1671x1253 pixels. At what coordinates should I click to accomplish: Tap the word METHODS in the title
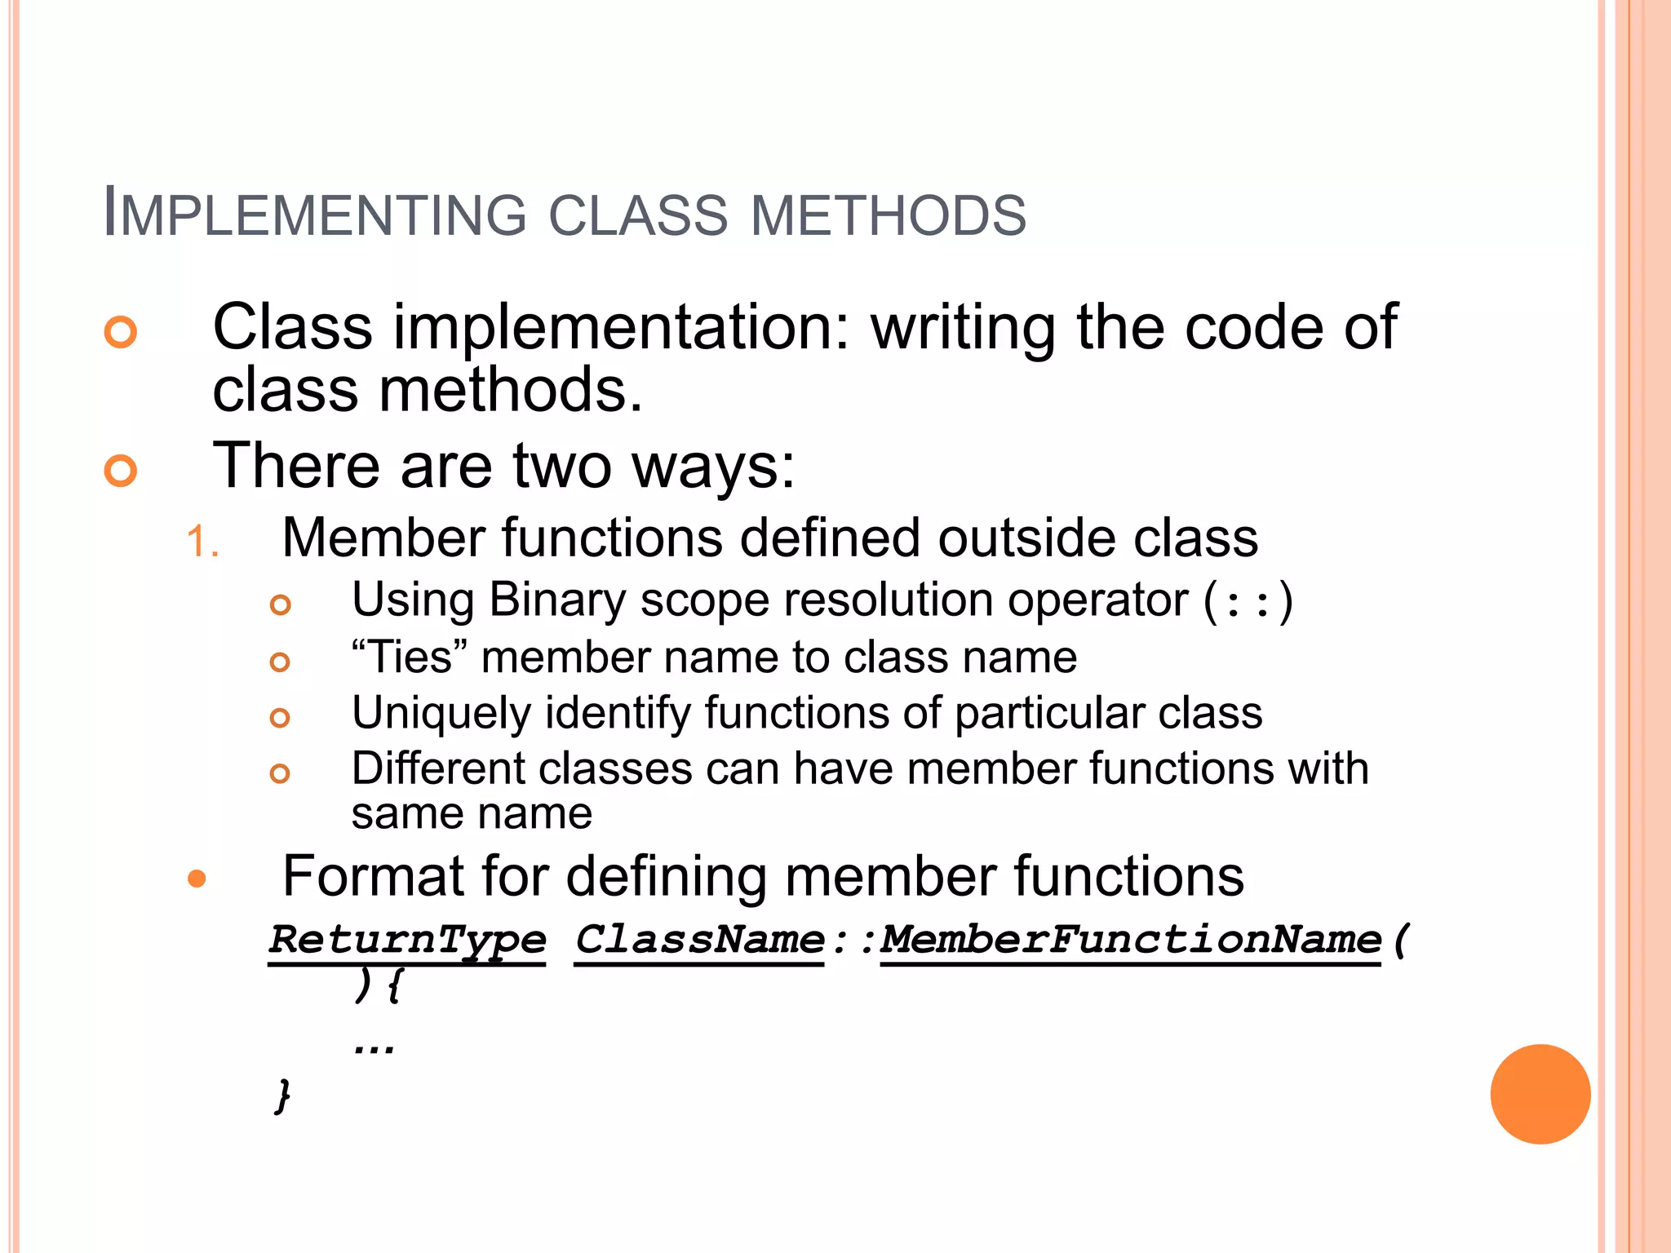888,215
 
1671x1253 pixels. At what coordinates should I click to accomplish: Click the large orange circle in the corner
1540,1094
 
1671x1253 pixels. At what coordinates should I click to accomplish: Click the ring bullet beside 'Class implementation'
121,331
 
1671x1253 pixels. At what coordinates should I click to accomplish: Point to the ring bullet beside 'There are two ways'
121,471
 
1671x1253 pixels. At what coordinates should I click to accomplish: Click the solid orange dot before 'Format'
197,879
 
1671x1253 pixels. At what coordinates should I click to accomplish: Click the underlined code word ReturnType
407,940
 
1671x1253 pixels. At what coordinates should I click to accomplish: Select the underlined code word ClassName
699,940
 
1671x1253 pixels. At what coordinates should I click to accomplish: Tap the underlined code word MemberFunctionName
1130,940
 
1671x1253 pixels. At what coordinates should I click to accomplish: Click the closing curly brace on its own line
282,1095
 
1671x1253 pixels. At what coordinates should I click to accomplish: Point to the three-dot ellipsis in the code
375,1047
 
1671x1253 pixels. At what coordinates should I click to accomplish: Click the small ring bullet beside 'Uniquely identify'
280,717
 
